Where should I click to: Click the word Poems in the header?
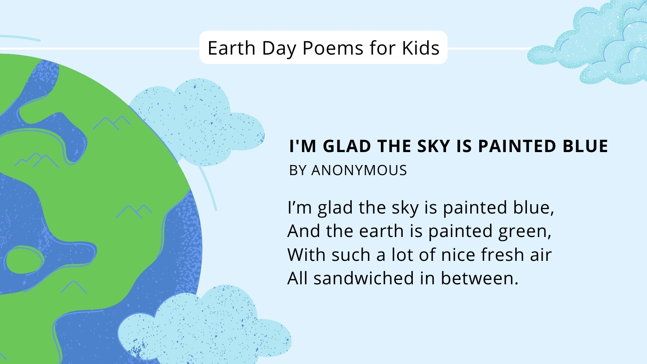[333, 48]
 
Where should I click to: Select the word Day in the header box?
[279, 49]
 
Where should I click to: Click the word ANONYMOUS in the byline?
[359, 170]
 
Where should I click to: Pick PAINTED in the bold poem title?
[517, 146]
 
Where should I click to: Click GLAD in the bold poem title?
[347, 146]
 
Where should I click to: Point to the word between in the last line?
[480, 278]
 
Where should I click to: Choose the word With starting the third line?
[307, 254]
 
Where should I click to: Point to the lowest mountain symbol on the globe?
[74, 287]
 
